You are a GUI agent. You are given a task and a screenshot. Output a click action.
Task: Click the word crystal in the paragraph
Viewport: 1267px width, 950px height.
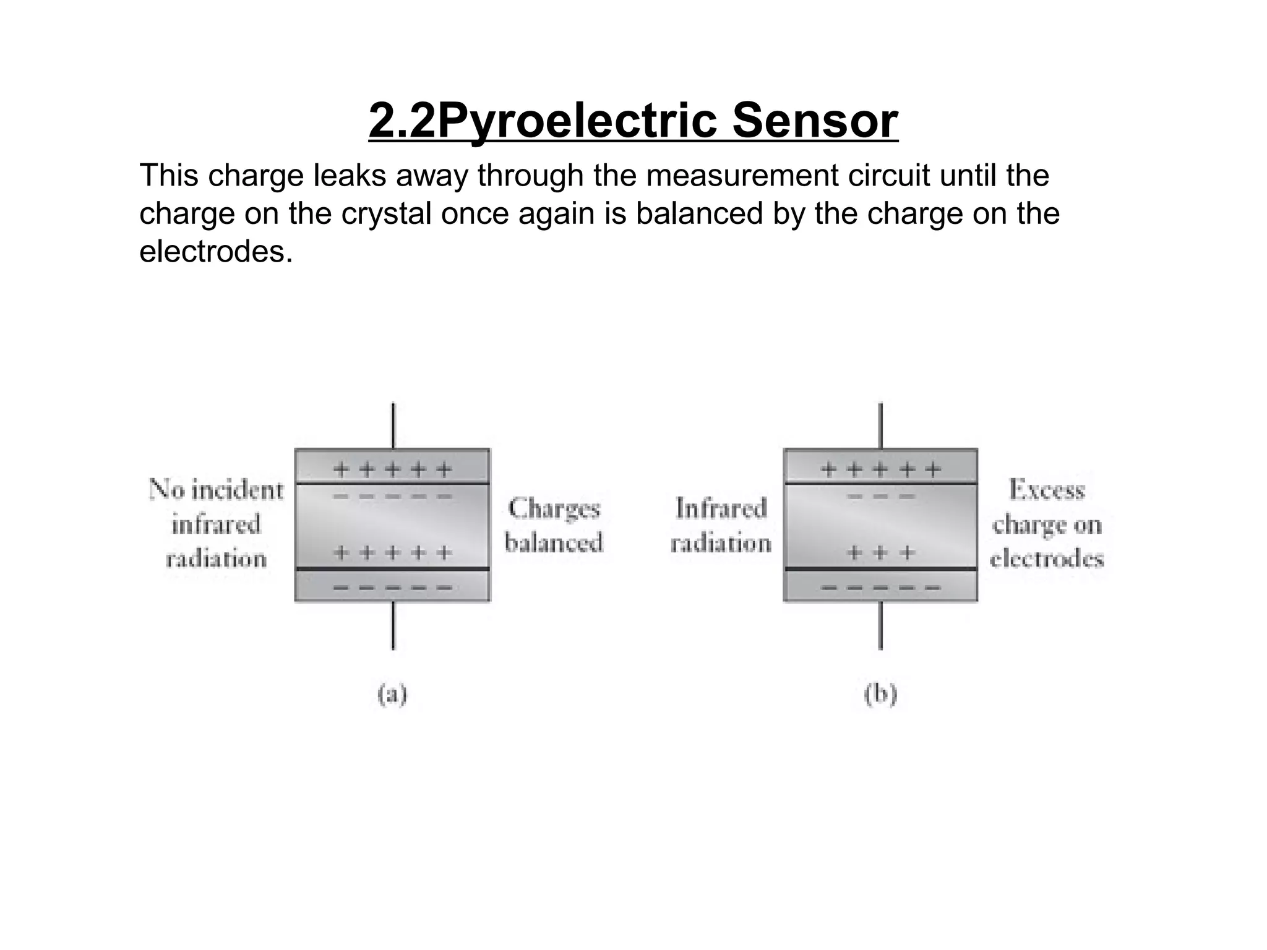tap(386, 213)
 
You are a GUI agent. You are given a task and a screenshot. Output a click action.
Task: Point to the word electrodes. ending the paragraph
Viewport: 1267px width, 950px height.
tap(216, 252)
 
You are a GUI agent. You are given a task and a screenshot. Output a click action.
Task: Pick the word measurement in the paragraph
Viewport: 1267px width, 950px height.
tap(742, 176)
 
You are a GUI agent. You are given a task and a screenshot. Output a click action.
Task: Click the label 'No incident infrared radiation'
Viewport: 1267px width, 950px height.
tap(216, 524)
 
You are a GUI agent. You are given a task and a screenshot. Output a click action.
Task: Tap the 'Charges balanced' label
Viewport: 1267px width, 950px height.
tap(554, 526)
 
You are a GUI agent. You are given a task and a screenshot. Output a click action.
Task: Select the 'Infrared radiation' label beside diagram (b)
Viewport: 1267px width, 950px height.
tap(721, 526)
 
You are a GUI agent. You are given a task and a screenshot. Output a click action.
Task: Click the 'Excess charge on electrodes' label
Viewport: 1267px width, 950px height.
tap(1047, 524)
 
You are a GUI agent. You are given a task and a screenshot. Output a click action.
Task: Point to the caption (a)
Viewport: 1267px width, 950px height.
tap(392, 695)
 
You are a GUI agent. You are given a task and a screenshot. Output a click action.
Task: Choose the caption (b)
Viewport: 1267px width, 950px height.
tap(880, 695)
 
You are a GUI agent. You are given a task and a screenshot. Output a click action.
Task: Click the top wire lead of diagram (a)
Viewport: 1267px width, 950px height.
tap(393, 426)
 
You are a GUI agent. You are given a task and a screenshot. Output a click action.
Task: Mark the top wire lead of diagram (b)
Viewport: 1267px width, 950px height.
tap(880, 426)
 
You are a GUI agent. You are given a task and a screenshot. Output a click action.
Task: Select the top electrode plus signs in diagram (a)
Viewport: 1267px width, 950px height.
tap(393, 470)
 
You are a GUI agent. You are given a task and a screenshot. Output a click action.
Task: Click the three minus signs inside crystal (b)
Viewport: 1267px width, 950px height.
tap(880, 497)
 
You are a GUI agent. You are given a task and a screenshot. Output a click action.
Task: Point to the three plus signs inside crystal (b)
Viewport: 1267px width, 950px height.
tap(880, 552)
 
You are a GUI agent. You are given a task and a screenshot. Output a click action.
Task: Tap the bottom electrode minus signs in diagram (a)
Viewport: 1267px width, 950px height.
tap(393, 588)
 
